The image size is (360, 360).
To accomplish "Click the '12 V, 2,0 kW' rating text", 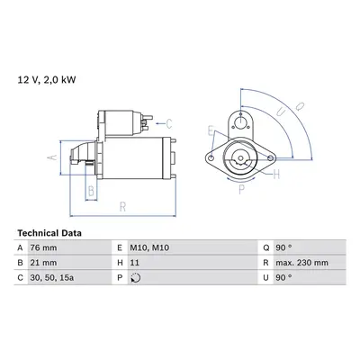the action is (47, 80).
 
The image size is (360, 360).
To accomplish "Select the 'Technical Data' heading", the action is (49, 233).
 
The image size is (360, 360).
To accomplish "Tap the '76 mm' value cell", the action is (43, 247).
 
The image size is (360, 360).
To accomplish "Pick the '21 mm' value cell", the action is (43, 263).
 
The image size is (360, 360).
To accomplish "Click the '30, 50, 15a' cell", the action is (52, 278).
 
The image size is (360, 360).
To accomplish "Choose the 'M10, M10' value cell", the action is (149, 247).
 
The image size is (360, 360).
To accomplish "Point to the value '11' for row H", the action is (135, 263).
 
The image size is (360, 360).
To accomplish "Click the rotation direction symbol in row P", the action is (136, 278).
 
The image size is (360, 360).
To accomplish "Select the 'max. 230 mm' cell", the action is (301, 263).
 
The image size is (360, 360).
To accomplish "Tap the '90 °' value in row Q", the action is (283, 247).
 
